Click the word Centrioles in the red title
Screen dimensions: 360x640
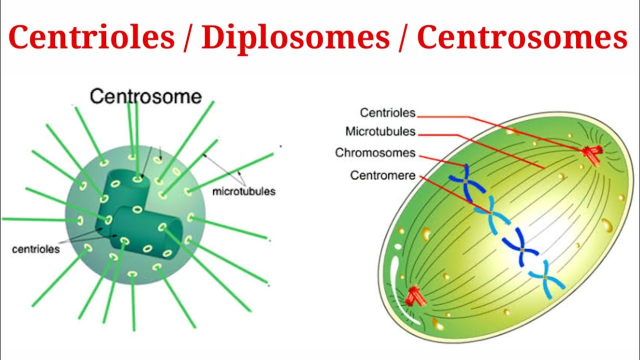click(91, 38)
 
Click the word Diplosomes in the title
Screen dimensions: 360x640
click(295, 38)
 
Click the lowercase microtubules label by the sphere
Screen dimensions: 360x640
click(243, 191)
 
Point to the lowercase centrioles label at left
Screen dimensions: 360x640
click(35, 248)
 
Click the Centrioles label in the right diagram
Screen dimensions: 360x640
click(387, 113)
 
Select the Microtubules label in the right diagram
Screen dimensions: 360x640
click(380, 131)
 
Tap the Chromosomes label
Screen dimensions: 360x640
click(375, 152)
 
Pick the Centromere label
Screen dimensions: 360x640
click(382, 175)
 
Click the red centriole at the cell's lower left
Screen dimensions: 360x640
click(414, 295)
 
